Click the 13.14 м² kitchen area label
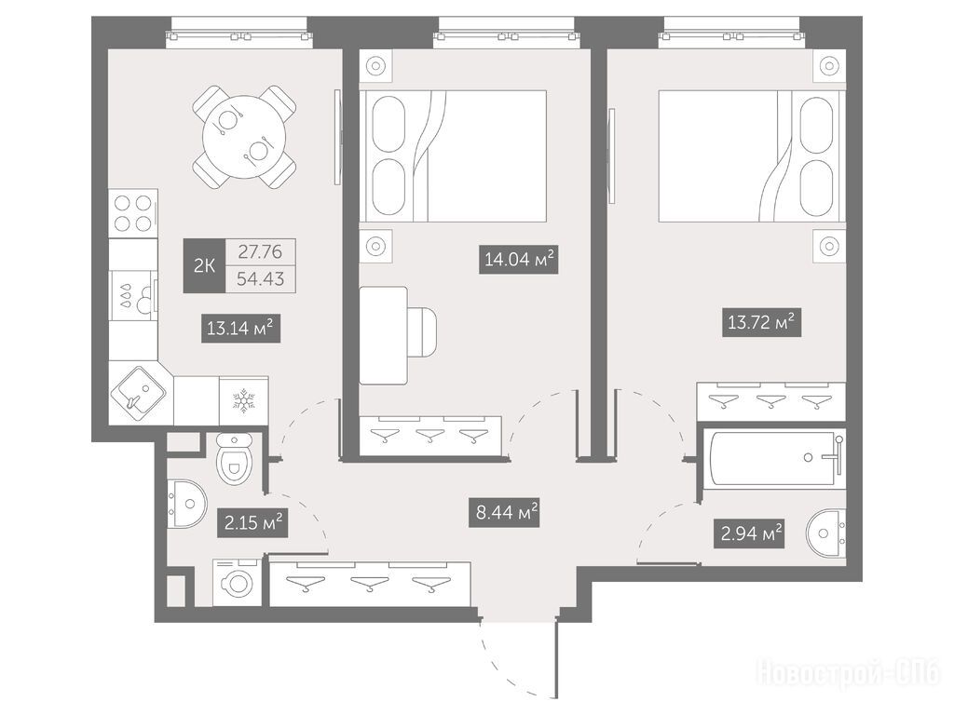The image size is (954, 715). [240, 329]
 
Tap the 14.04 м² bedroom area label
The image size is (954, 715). [518, 259]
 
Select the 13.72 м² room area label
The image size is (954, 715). [761, 321]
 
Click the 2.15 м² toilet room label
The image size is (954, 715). [252, 521]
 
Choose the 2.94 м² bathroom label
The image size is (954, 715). [751, 533]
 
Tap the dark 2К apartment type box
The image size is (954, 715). [204, 265]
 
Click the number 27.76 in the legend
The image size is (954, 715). [260, 251]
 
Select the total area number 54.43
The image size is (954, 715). [261, 279]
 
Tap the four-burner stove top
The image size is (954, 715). [133, 213]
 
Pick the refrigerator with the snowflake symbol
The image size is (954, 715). [243, 400]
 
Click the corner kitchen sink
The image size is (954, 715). [138, 394]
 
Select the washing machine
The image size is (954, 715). [238, 583]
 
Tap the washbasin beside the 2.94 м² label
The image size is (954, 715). [826, 533]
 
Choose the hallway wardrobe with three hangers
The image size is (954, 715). [370, 585]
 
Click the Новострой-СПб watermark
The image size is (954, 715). [849, 674]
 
